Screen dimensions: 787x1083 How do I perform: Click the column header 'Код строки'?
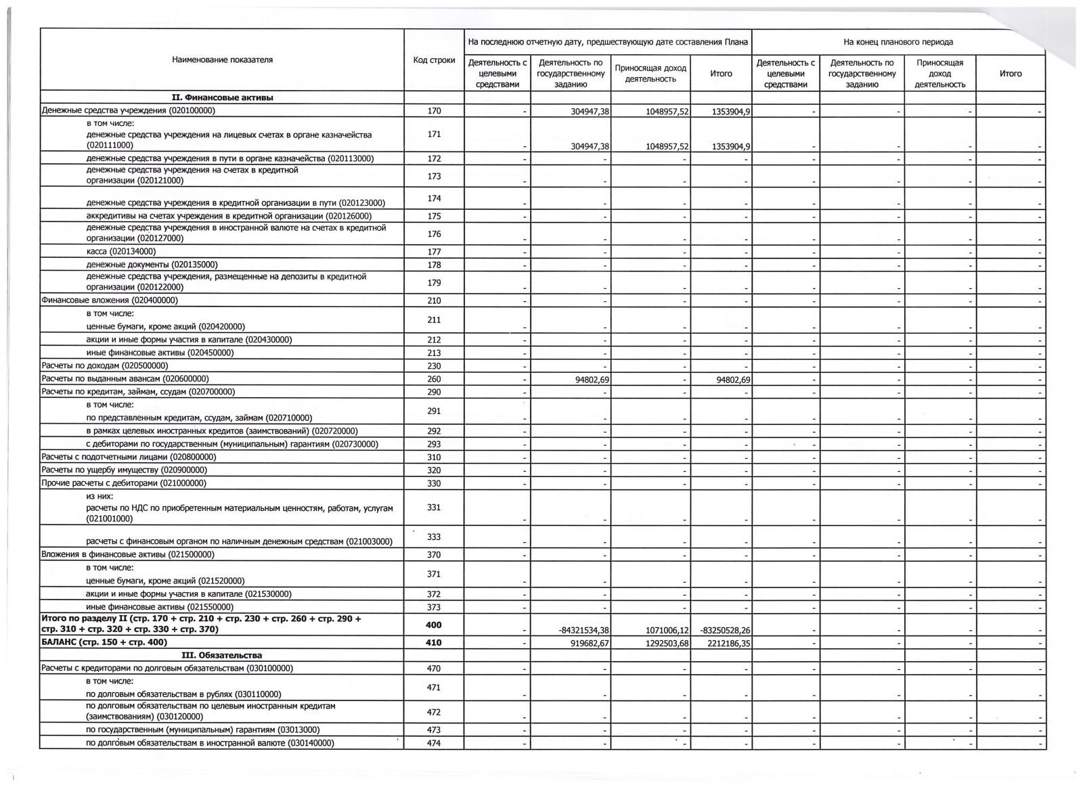(x=434, y=60)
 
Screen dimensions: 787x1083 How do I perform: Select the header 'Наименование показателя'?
(x=222, y=60)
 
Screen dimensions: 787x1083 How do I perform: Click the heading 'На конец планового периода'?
(x=898, y=42)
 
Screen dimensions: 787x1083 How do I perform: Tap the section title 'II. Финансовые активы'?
(x=222, y=97)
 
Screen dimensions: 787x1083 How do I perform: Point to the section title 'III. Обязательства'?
(x=222, y=655)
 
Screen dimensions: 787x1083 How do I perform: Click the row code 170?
(x=434, y=111)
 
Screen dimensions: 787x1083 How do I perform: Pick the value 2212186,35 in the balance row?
(x=722, y=643)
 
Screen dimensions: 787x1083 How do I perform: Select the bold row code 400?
(x=434, y=625)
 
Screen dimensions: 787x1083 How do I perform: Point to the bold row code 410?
(x=434, y=642)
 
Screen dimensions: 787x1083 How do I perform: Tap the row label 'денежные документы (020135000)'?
(x=152, y=265)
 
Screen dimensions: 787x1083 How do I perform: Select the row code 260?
(x=434, y=379)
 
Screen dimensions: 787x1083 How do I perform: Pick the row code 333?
(x=434, y=537)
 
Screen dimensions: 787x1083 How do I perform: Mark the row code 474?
(x=434, y=743)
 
